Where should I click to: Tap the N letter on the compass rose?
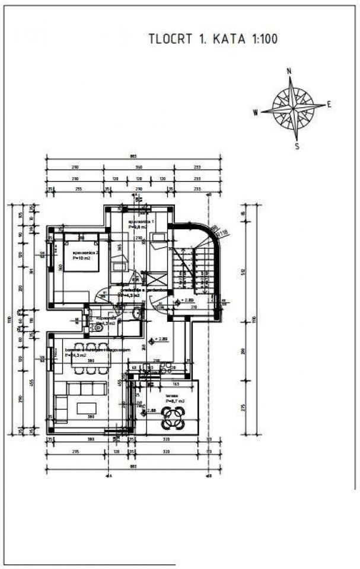tap(289, 71)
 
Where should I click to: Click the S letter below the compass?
tap(297, 146)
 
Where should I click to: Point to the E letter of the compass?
tap(329, 104)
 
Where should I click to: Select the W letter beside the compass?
tap(254, 111)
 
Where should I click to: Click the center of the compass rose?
tap(292, 108)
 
